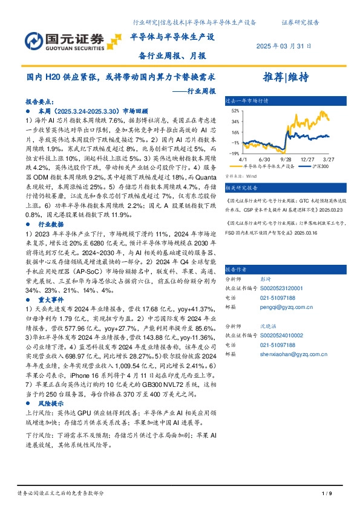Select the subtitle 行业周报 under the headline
pos(198,91)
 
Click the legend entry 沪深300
pos(320,165)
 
